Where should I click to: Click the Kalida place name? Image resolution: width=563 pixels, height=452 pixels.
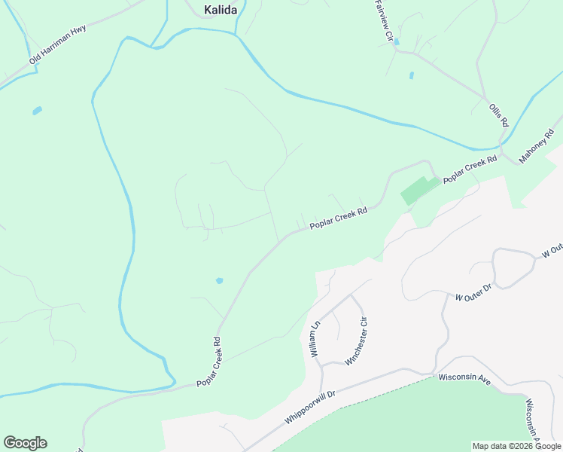click(221, 10)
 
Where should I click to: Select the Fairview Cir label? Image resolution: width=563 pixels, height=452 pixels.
click(384, 20)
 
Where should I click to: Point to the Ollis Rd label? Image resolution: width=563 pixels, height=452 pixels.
click(499, 115)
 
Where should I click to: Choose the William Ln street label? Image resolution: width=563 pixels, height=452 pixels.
click(315, 338)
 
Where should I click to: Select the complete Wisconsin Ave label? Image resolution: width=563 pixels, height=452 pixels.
click(464, 378)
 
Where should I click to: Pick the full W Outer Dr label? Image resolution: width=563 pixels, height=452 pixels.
click(473, 292)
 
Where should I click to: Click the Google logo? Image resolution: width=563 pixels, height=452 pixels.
click(25, 443)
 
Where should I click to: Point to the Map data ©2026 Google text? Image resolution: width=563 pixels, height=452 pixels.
click(517, 446)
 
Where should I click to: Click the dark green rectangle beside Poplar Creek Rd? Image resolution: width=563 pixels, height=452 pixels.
click(418, 191)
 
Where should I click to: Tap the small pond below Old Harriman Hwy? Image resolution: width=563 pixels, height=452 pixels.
click(37, 111)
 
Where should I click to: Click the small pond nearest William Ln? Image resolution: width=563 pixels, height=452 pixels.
click(219, 281)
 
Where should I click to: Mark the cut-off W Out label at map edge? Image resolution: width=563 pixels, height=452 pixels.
click(552, 251)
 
